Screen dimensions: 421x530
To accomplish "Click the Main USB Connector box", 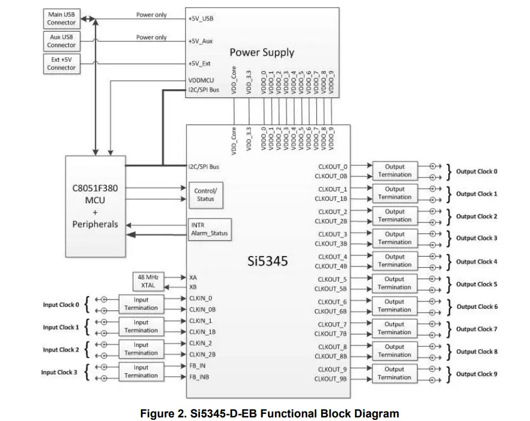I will coord(61,19).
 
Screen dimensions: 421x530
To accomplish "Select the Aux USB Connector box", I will coord(61,41).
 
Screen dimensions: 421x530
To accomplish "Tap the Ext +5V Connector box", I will coord(61,63).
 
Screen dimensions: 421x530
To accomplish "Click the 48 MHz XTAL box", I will coord(147,281).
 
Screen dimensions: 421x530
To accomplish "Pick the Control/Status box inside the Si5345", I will coord(206,195).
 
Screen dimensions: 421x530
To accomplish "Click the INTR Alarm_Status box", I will coord(208,230).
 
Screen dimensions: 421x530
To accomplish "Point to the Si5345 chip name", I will coord(268,261).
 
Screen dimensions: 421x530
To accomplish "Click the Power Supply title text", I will coord(262,52).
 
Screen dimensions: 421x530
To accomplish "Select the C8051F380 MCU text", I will coord(95,193).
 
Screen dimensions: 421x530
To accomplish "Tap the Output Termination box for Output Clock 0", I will coord(394,171).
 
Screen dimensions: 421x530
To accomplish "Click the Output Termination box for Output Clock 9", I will coord(394,373).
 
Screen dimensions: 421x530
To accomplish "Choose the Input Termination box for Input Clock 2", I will coord(141,349).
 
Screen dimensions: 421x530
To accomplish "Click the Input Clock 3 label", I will coord(59,373).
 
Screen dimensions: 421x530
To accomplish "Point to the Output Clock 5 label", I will coord(476,284).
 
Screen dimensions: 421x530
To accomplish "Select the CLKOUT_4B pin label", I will coord(331,266).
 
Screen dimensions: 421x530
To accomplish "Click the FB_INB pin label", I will coord(199,377).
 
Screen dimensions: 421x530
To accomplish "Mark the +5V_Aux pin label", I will coord(200,41).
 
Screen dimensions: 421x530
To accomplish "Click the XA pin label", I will coord(193,277).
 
